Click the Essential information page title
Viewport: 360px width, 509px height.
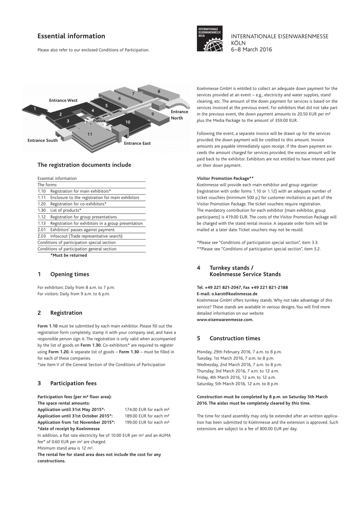click(x=71, y=36)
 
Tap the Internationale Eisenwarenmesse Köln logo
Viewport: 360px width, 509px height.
click(x=210, y=39)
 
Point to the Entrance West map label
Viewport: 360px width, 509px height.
click(x=63, y=100)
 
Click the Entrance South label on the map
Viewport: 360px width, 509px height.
click(x=42, y=140)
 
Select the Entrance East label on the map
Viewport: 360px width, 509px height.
click(x=137, y=143)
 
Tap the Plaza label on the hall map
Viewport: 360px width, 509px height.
click(x=99, y=120)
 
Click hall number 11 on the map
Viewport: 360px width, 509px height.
click(x=90, y=134)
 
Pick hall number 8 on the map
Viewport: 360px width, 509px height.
click(x=159, y=91)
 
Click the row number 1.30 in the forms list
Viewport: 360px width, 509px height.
click(x=42, y=210)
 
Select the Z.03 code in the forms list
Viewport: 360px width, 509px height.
click(x=42, y=236)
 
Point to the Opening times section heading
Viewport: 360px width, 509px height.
click(x=70, y=274)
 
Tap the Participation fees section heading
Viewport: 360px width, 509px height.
click(x=73, y=383)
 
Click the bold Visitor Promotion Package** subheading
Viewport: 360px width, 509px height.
click(x=225, y=178)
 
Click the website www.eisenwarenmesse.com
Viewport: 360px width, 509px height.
click(x=225, y=320)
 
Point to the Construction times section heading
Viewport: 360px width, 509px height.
click(x=235, y=339)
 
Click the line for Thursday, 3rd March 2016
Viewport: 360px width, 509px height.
click(x=238, y=371)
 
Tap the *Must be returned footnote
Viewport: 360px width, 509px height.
click(x=69, y=255)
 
